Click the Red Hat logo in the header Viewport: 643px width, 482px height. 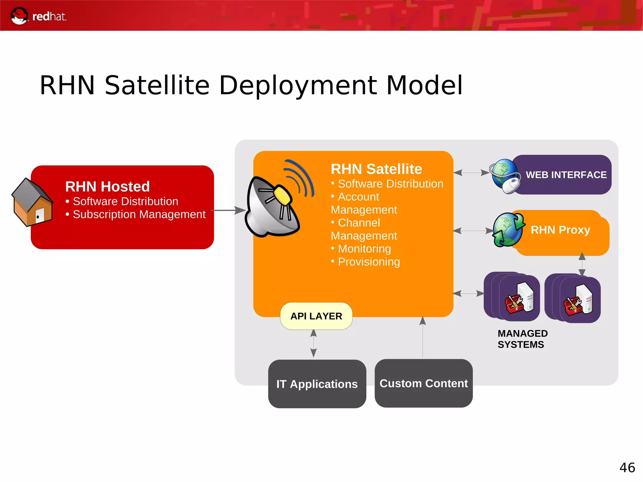coord(38,16)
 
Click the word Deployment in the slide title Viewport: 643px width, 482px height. coord(298,85)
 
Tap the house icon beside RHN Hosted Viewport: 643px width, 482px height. coord(32,203)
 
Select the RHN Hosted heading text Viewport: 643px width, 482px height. coord(107,187)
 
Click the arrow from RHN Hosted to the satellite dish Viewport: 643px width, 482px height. coord(228,210)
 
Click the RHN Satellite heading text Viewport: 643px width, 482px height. coord(376,169)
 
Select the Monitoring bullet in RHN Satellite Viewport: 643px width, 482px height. coord(364,249)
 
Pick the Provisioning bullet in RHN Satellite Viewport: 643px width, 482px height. coord(369,262)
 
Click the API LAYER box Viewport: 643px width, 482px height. coord(316,316)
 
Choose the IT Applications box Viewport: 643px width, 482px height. coord(317,384)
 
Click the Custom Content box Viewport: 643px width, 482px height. coord(423,383)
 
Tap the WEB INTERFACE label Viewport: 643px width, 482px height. coord(566,175)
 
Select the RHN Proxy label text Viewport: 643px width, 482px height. coord(560,230)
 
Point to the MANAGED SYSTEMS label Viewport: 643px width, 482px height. coord(522,339)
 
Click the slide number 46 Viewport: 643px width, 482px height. coord(627,468)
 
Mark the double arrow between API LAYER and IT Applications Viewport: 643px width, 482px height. coord(313,344)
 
